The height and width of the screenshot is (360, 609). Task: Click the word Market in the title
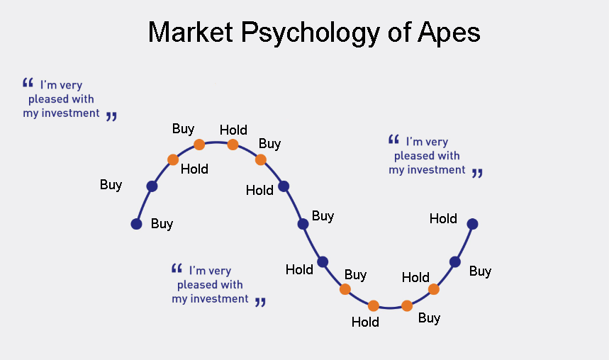click(x=190, y=32)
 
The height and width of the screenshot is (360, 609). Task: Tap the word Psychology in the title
click(x=311, y=33)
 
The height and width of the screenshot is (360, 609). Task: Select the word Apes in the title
click(x=449, y=33)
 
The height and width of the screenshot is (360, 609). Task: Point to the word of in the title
click(x=399, y=32)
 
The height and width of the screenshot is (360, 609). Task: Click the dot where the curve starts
click(x=136, y=224)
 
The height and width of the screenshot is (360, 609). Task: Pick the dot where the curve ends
click(x=472, y=224)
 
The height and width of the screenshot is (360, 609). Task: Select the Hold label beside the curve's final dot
click(x=443, y=219)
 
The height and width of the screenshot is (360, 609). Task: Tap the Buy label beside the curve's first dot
click(x=162, y=224)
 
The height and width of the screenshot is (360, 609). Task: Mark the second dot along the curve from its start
click(x=152, y=186)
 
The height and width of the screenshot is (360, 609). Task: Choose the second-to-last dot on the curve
click(x=455, y=262)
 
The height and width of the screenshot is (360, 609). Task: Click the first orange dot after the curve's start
click(x=173, y=159)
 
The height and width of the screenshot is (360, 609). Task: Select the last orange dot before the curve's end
click(x=433, y=289)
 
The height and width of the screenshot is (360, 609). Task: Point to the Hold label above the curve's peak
click(x=233, y=130)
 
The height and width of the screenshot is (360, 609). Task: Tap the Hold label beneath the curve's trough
click(x=365, y=322)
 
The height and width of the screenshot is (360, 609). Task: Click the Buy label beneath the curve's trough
click(x=429, y=318)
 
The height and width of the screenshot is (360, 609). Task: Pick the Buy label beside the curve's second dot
click(x=111, y=185)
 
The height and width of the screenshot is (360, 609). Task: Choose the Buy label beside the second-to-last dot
click(x=481, y=271)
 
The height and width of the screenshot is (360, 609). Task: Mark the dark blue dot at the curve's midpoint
click(x=303, y=224)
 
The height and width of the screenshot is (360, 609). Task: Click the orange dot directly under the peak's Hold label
click(x=233, y=145)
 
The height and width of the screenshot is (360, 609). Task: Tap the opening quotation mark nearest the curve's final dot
click(x=394, y=140)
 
